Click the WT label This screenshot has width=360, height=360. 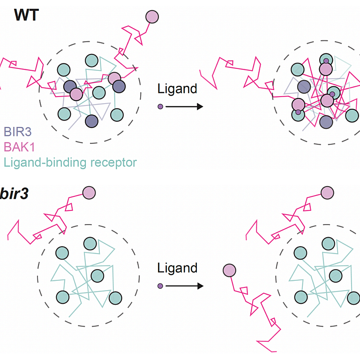[x=26, y=15]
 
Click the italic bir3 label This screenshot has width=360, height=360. [x=14, y=194]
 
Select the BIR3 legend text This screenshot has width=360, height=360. [x=18, y=132]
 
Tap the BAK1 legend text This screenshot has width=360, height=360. [x=19, y=147]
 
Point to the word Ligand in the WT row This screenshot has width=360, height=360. [x=177, y=89]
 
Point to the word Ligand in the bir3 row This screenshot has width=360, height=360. [x=177, y=268]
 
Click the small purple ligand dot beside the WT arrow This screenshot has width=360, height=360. [x=160, y=106]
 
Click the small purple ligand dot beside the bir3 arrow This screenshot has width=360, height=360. [x=160, y=286]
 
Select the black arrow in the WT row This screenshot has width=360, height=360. [x=184, y=106]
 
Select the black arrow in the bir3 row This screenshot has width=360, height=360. [x=184, y=286]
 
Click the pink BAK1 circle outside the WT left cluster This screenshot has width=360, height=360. [x=152, y=17]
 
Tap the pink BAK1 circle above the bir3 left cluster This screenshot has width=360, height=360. [x=89, y=193]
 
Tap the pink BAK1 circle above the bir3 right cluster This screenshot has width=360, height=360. [x=327, y=193]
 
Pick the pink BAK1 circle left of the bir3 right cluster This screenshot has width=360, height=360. [x=229, y=270]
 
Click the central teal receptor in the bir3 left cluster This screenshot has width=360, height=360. [x=97, y=276]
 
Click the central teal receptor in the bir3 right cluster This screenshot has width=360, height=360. [x=336, y=276]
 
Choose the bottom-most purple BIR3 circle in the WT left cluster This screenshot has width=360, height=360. [x=91, y=121]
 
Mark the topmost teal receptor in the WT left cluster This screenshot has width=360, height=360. [x=91, y=60]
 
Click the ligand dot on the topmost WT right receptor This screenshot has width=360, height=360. [x=326, y=61]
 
